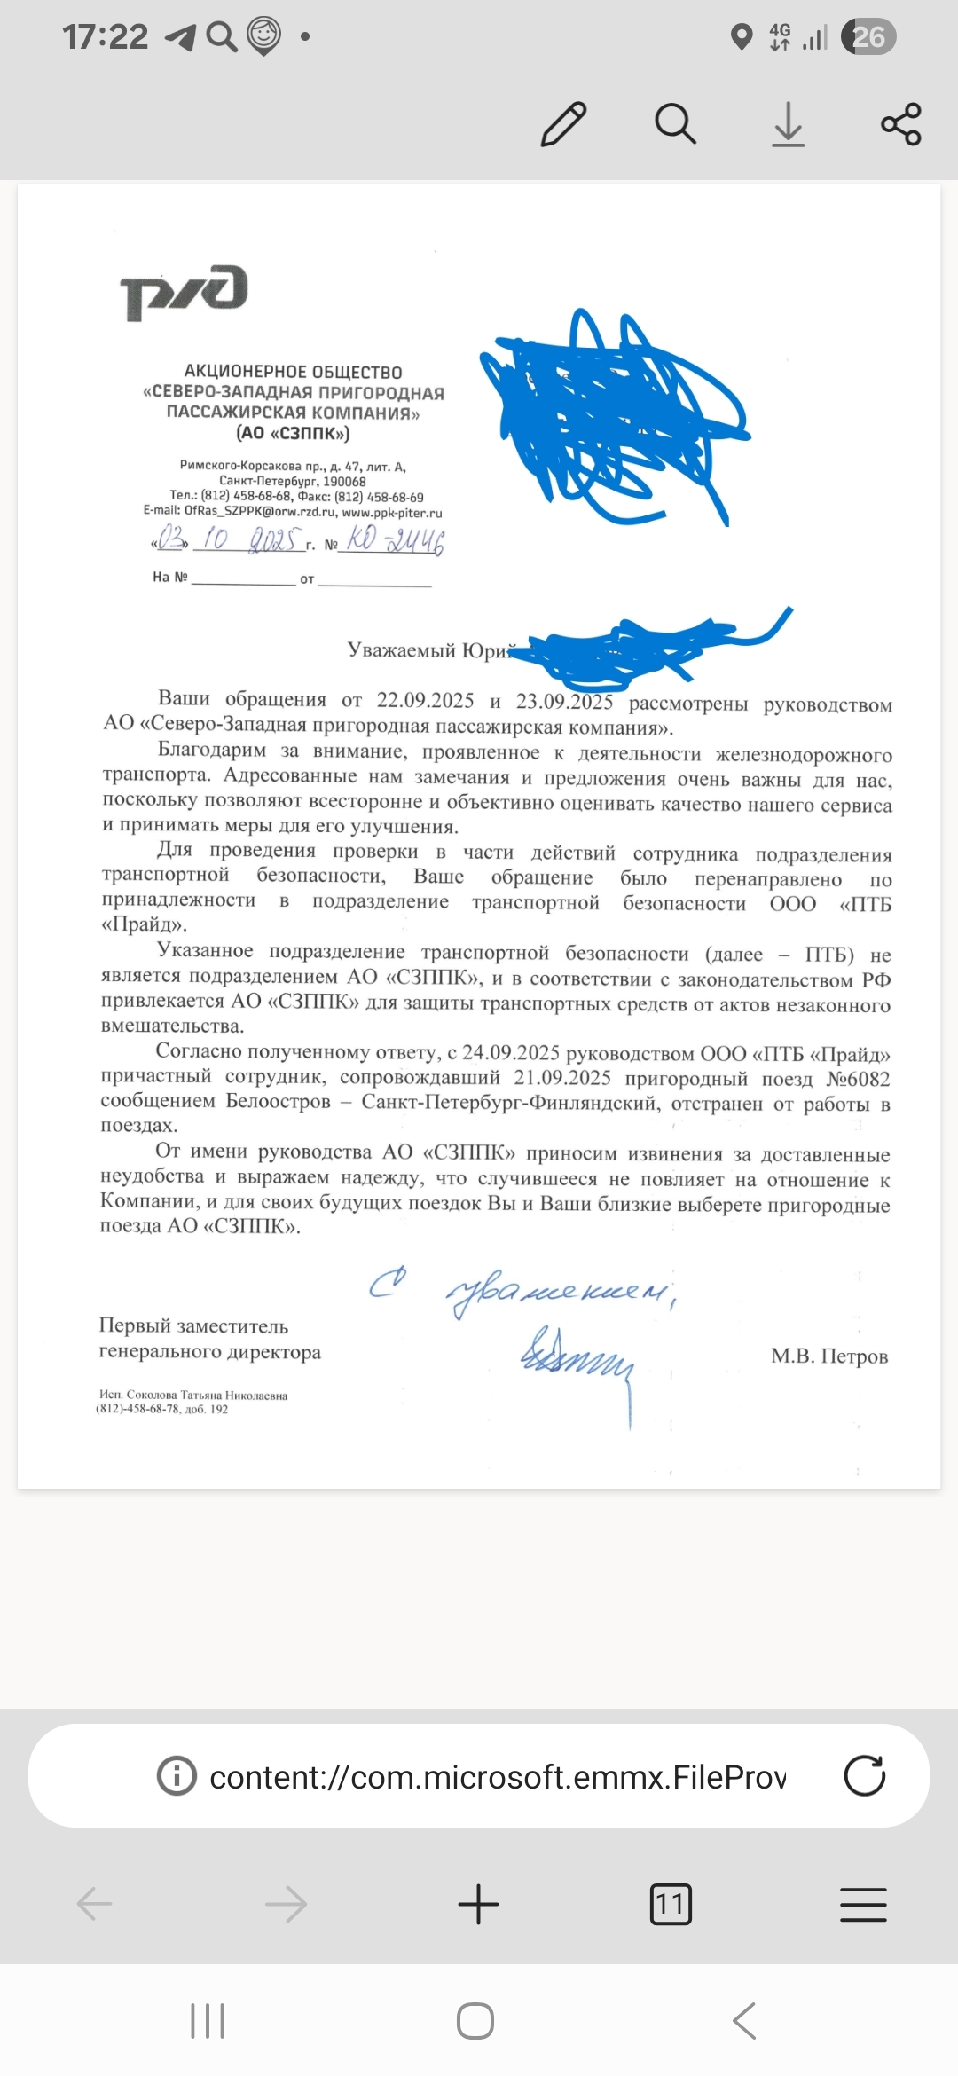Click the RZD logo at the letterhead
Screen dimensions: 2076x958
tap(184, 292)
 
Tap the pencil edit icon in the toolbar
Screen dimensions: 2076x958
tap(563, 123)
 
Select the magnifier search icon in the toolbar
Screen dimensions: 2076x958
tap(675, 123)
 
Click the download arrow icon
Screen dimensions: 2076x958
tap(788, 123)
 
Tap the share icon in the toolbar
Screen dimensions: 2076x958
tap(900, 123)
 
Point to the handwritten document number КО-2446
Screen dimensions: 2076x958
tap(395, 539)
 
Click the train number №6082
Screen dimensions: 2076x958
tap(858, 1079)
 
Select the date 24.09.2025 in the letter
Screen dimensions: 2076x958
tap(510, 1053)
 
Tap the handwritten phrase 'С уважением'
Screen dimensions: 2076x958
tap(523, 1291)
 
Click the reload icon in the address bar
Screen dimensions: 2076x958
tap(864, 1776)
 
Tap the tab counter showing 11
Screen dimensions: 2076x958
tap(671, 1904)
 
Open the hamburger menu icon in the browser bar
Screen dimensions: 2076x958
tap(862, 1904)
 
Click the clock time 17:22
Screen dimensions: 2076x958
tap(105, 36)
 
